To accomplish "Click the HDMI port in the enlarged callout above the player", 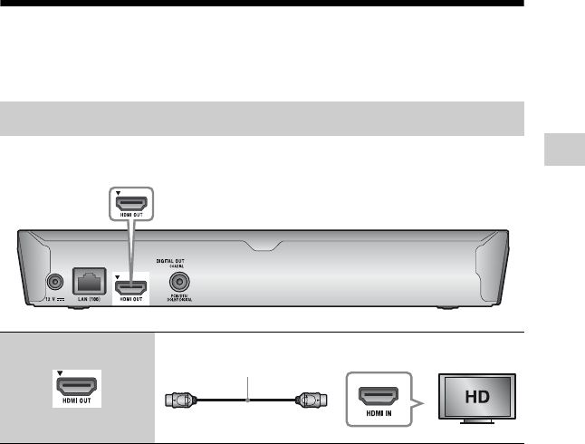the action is [131, 205].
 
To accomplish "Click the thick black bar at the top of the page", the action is [263, 4].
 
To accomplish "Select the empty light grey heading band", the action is [263, 119].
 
